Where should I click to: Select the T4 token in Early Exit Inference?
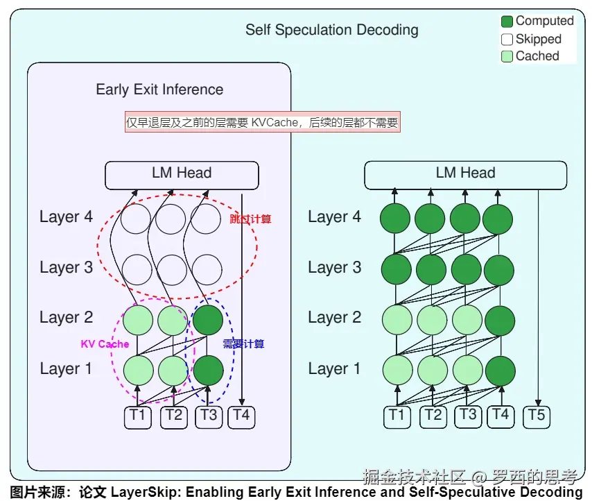pos(241,416)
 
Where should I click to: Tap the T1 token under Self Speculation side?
pos(396,416)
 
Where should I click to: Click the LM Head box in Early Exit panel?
pos(182,175)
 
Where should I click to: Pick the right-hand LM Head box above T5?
pos(465,175)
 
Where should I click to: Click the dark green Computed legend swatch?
pos(507,22)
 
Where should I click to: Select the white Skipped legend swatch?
pos(507,40)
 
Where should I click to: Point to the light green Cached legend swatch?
pos(507,56)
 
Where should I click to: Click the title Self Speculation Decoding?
pos(331,30)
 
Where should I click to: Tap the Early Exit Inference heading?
pos(159,90)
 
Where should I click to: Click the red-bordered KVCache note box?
pos(262,123)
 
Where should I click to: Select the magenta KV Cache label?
pos(105,344)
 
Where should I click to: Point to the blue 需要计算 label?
pos(243,344)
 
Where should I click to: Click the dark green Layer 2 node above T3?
pos(208,320)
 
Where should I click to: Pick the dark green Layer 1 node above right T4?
pos(499,370)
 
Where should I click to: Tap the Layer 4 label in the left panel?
pos(66,216)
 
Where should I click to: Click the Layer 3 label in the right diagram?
pos(334,267)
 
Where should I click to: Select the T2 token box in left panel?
pos(174,416)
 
